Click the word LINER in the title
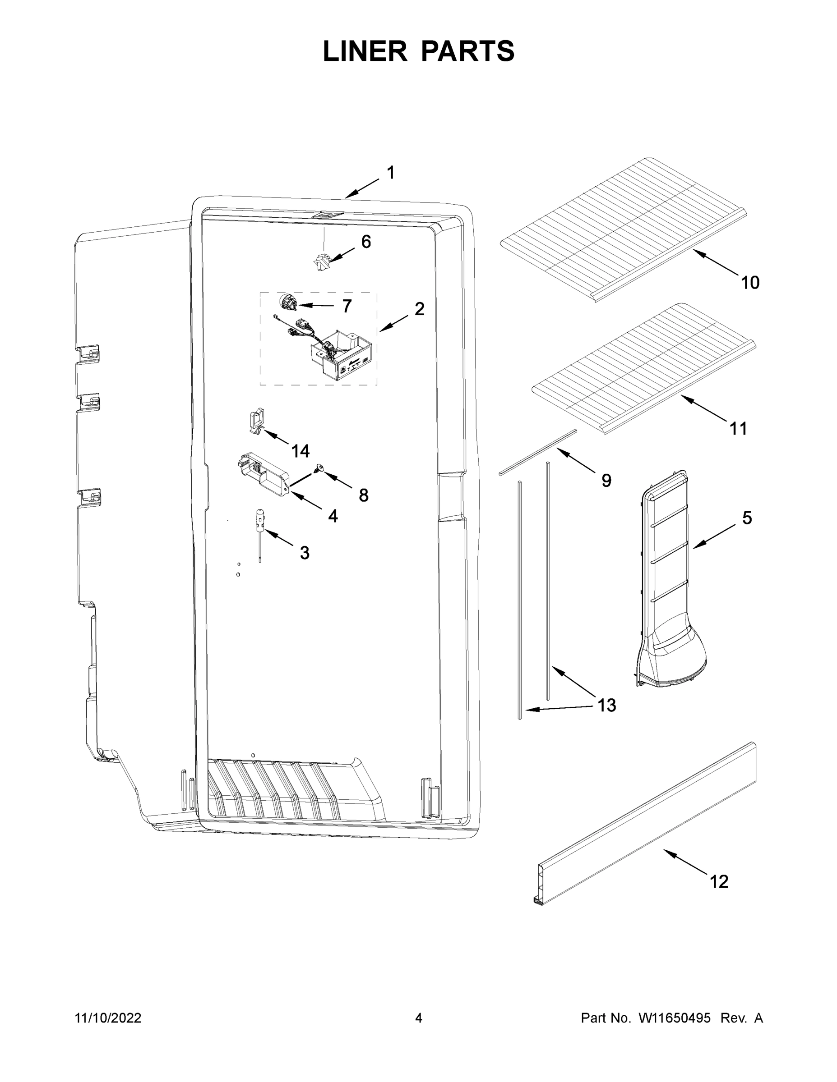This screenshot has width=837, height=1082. (x=365, y=51)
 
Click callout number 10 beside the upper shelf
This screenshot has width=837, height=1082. (x=750, y=283)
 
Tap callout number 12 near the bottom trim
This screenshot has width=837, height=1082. (x=719, y=881)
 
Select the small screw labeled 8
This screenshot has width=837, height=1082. (x=320, y=467)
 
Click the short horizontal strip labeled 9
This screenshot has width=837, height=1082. (x=538, y=452)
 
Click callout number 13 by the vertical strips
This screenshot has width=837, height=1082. (x=606, y=705)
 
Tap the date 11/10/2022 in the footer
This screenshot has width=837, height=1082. (x=108, y=1018)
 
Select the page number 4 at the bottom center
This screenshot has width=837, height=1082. (x=419, y=1018)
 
